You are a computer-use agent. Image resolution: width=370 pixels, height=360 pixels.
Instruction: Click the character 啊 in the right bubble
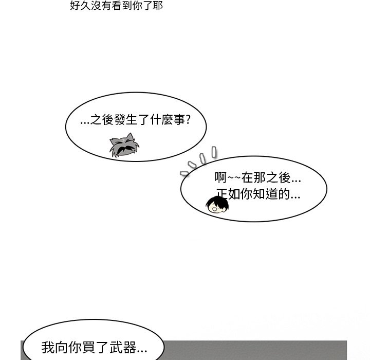click(221, 178)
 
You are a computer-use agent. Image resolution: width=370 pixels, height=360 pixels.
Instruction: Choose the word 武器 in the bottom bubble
click(124, 348)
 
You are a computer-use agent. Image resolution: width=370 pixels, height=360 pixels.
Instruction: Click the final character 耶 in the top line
click(158, 7)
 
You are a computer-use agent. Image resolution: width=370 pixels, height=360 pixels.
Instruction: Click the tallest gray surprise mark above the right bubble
click(214, 151)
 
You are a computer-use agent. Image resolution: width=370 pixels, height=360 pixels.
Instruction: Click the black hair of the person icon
click(219, 201)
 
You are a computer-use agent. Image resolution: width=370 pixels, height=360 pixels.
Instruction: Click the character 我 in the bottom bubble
click(48, 348)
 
